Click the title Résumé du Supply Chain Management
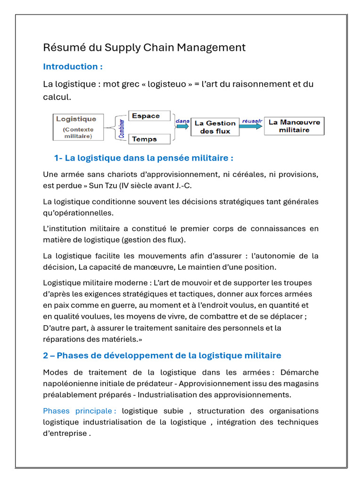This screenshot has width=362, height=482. [x=144, y=48]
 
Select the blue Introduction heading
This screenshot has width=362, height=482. [x=73, y=66]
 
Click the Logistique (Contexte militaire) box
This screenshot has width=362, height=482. [x=78, y=127]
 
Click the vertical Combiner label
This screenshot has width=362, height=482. [x=122, y=128]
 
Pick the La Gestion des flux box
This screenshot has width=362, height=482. [x=214, y=127]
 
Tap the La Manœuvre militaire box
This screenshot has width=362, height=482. [x=294, y=126]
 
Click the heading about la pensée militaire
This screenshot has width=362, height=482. [x=144, y=158]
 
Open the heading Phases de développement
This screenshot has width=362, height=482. [x=162, y=355]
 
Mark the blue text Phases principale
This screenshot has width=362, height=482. [x=79, y=411]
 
